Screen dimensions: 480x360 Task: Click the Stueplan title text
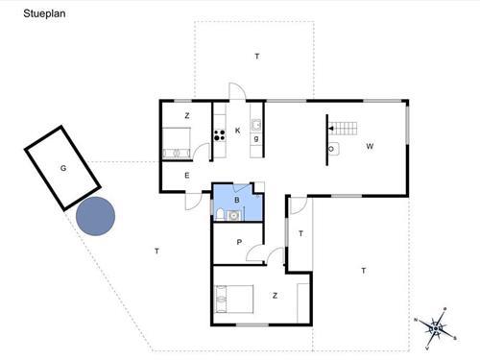(x=44, y=13)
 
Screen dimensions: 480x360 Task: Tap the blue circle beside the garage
(x=95, y=216)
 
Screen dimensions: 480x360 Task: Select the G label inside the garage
(x=63, y=168)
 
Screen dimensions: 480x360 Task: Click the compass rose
(x=436, y=328)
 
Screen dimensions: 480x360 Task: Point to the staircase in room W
(x=344, y=129)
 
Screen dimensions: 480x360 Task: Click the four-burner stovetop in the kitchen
(x=220, y=135)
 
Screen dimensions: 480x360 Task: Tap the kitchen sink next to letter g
(x=256, y=125)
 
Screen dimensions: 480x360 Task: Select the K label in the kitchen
(x=237, y=131)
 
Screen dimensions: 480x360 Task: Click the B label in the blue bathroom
(x=237, y=200)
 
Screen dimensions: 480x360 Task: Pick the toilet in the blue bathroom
(x=220, y=214)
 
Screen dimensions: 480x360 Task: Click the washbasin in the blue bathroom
(x=234, y=216)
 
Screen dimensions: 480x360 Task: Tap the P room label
(x=239, y=242)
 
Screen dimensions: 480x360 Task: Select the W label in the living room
(x=370, y=147)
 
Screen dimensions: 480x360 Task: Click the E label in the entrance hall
(x=187, y=176)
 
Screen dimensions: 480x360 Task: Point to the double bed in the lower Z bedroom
(x=234, y=299)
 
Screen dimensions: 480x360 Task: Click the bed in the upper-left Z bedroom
(x=177, y=143)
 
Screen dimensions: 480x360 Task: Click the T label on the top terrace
(x=257, y=57)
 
